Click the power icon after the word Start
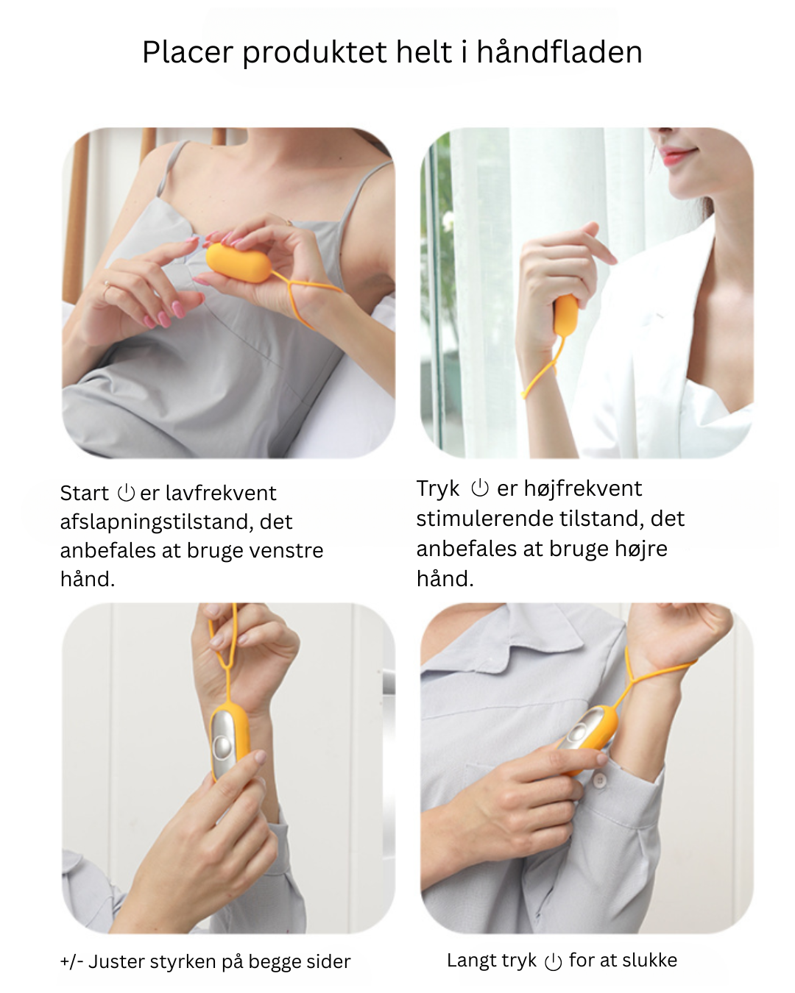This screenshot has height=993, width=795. click(126, 493)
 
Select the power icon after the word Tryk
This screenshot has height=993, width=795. click(479, 488)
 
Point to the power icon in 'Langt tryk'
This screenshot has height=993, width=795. click(553, 962)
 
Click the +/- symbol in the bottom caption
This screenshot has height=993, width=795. click(72, 961)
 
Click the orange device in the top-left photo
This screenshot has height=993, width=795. click(239, 263)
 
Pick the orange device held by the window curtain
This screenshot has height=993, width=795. click(565, 316)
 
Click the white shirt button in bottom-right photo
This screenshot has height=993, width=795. click(600, 780)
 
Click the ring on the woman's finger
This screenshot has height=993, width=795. click(107, 285)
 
